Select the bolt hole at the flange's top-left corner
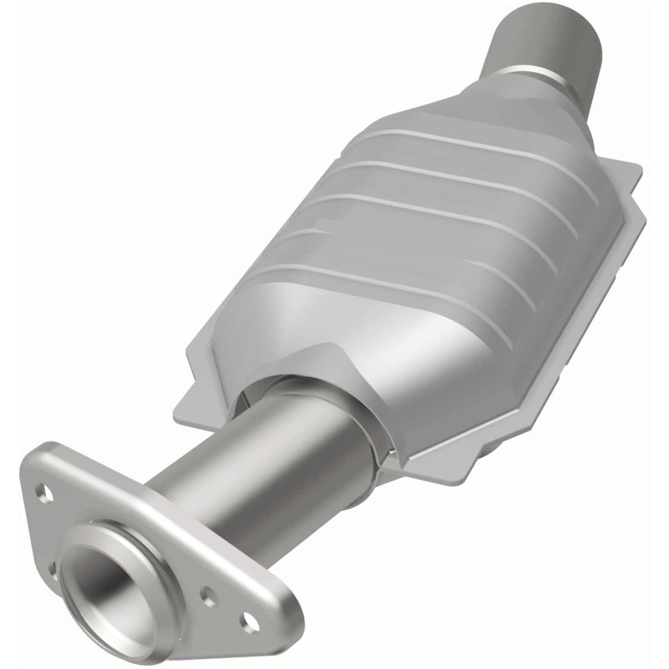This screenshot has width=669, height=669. pos(44,493)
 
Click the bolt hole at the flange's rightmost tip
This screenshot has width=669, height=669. pos(248,620)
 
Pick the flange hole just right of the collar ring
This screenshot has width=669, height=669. pos(208,597)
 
